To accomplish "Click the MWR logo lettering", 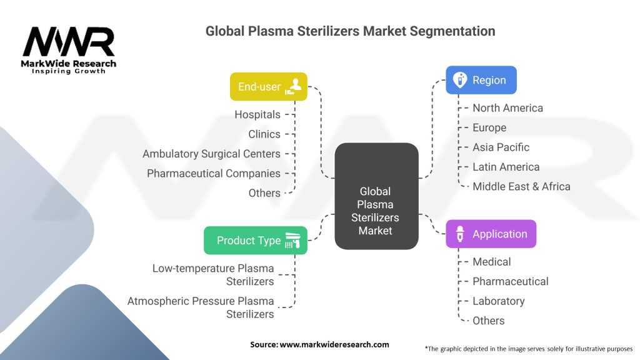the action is [69, 42].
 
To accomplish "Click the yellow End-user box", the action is [269, 86].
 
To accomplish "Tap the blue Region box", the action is [481, 80].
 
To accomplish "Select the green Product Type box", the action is [256, 241].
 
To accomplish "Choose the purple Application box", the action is [491, 234].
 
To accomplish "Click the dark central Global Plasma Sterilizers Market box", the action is [376, 196].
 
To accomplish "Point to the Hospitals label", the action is [257, 115].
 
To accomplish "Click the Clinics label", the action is [264, 134].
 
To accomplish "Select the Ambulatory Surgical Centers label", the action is [211, 154].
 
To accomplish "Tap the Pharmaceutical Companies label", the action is [214, 174].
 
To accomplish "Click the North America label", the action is [507, 108].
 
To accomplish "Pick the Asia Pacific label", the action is [501, 147].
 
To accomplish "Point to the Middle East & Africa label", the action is [522, 186].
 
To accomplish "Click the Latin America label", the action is [506, 167].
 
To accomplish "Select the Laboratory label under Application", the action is [499, 301].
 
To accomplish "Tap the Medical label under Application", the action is [492, 262].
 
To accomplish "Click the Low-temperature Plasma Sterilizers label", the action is [213, 275].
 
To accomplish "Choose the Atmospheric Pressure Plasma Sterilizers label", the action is [201, 307].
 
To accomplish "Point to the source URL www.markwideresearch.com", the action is [334, 344].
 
